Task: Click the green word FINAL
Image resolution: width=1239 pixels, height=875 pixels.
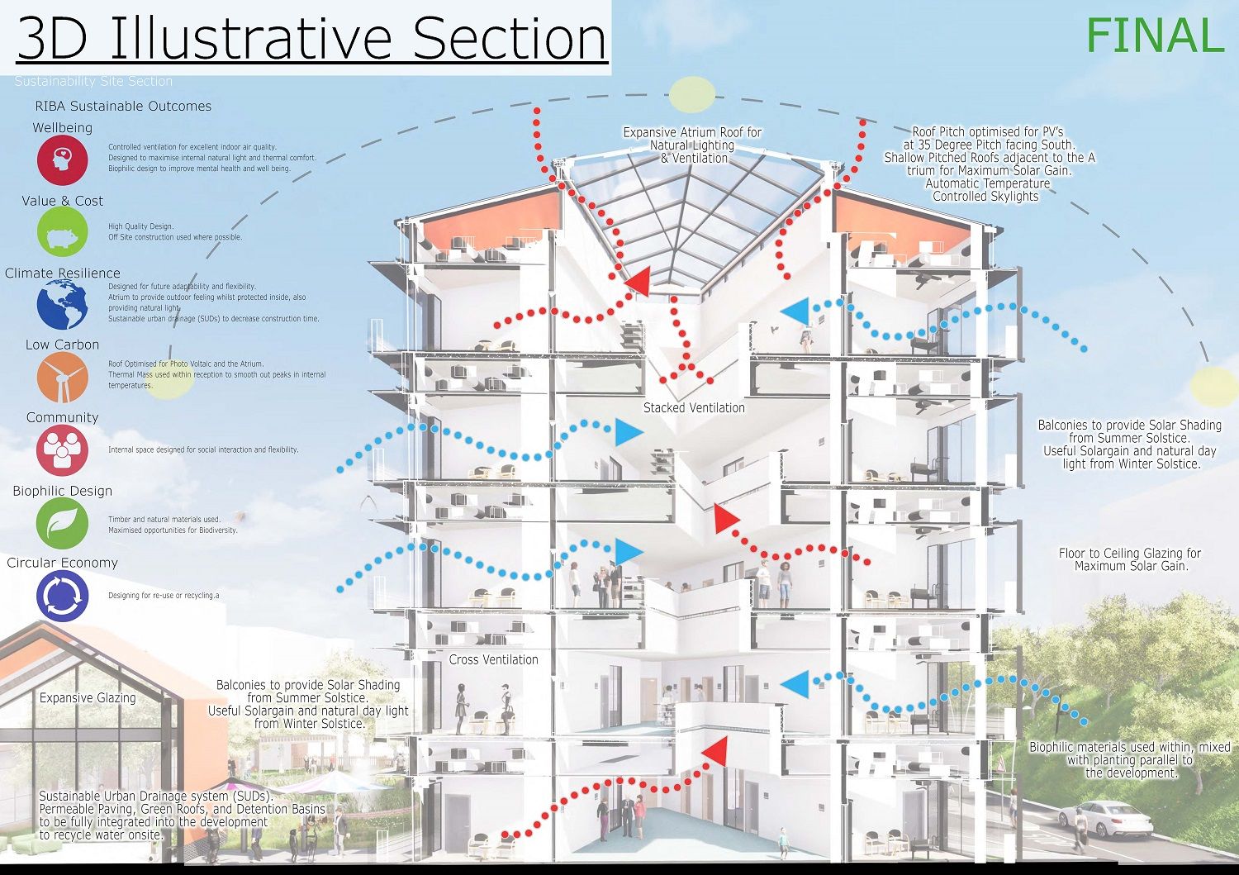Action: click(1154, 36)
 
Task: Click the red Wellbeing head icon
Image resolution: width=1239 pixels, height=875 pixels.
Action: click(62, 159)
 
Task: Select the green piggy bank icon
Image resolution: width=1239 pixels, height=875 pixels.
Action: click(62, 232)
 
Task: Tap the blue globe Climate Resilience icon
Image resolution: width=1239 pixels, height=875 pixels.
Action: click(62, 304)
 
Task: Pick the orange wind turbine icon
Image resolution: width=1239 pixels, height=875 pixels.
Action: click(62, 378)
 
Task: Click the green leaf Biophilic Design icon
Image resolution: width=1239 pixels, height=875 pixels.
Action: click(62, 523)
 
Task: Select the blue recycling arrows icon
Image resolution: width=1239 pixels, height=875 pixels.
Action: click(62, 596)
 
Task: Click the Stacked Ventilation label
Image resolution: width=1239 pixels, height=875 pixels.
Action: click(694, 407)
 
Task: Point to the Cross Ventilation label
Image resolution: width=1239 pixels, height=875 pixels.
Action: click(493, 659)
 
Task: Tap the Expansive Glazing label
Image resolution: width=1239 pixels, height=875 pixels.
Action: click(88, 697)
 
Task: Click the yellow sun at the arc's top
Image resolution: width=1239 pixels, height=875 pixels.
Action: click(691, 95)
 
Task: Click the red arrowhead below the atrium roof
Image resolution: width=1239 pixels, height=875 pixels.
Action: click(637, 283)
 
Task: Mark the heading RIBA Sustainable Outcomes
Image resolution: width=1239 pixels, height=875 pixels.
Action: click(123, 106)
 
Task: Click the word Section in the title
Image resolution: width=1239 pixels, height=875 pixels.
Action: click(510, 38)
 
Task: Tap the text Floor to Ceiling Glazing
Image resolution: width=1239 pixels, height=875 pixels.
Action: click(1129, 554)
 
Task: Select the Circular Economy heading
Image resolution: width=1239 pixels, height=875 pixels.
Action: click(62, 563)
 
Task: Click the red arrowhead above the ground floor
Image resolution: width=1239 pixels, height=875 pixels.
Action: click(715, 752)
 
